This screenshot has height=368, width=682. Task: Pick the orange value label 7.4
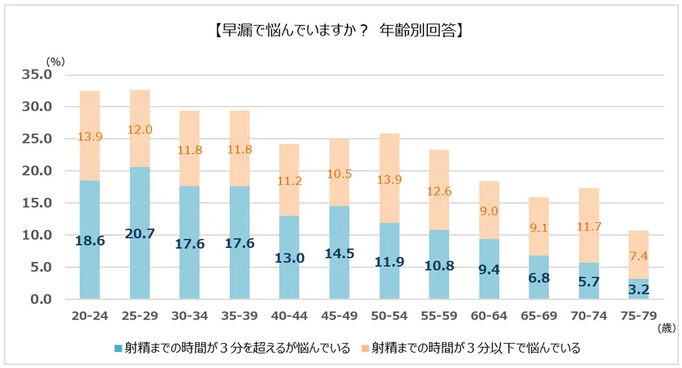(639, 255)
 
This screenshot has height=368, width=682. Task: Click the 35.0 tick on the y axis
(36, 75)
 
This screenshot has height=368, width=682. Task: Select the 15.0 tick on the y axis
(36, 203)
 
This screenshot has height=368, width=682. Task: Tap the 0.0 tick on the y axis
(39, 300)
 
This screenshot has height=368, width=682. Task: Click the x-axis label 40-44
(289, 315)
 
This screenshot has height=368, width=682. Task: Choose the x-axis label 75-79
(639, 315)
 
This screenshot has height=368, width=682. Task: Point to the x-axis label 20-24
(89, 315)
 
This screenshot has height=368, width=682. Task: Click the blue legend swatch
(119, 349)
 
